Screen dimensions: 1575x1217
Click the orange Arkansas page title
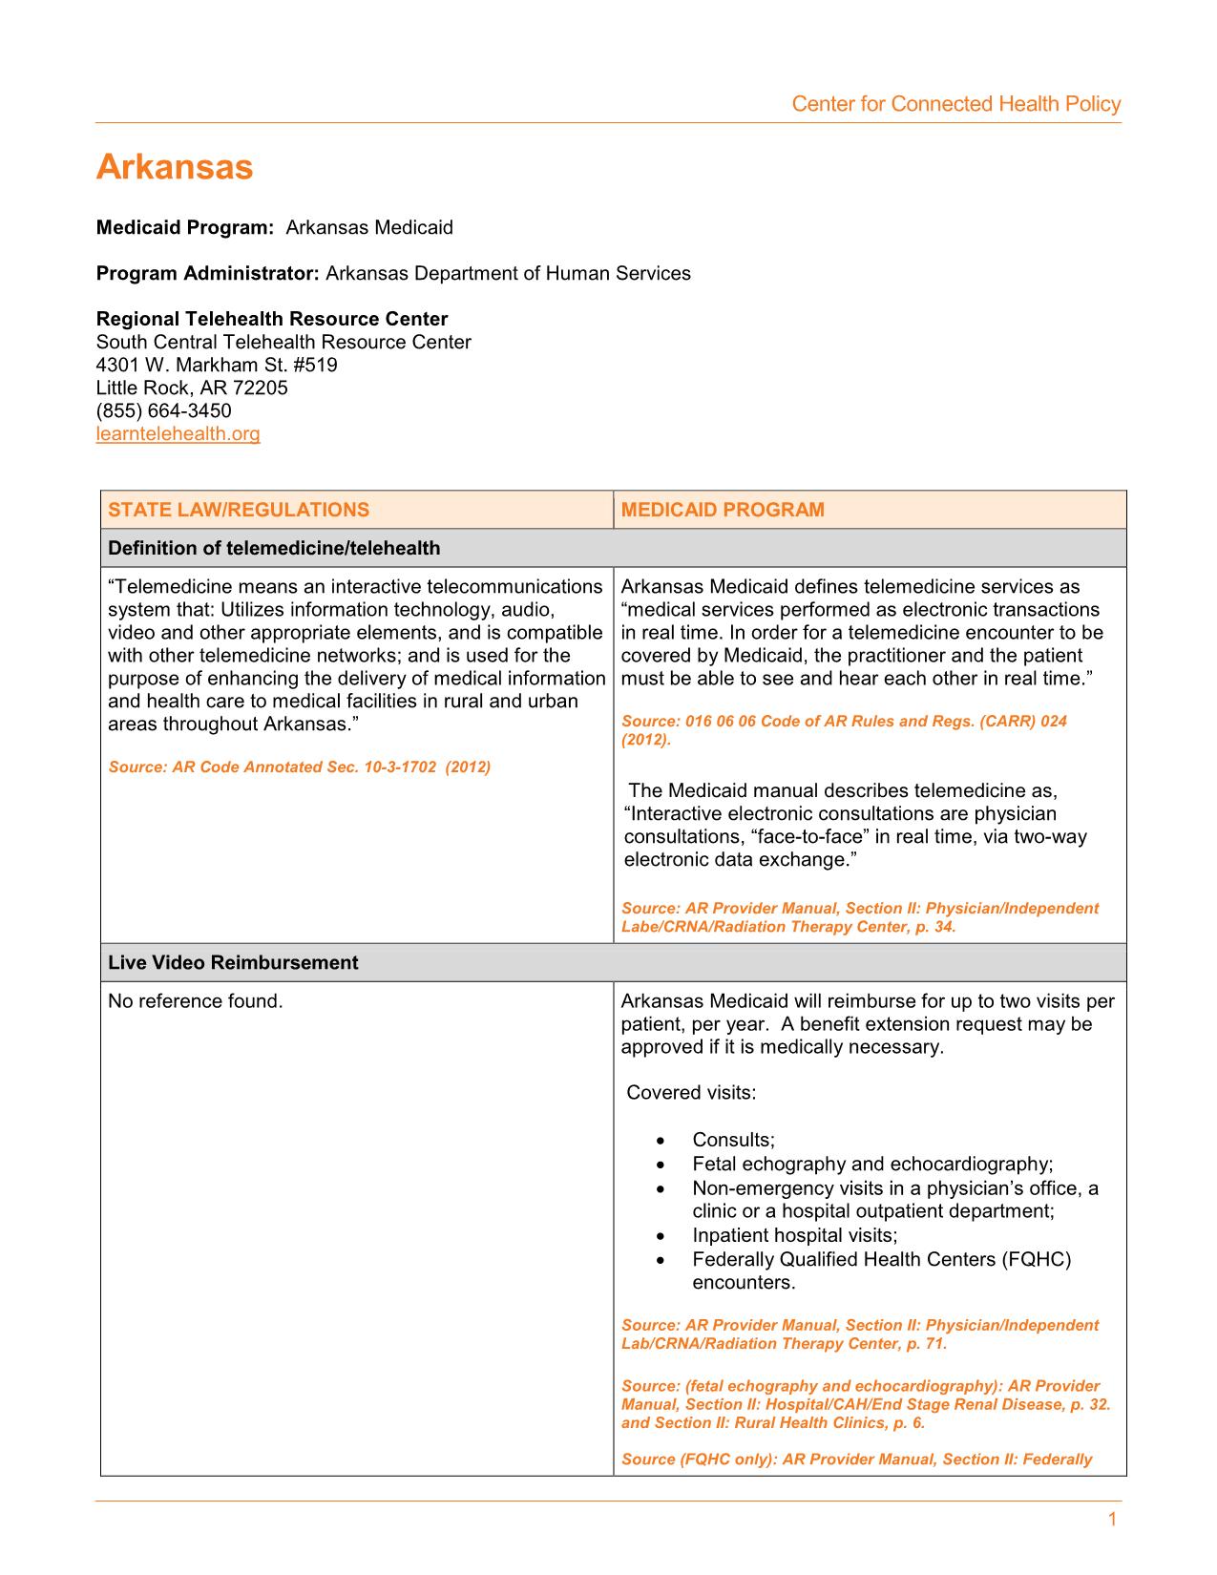(x=175, y=167)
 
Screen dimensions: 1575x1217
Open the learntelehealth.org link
(x=178, y=434)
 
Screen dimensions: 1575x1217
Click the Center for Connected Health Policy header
(x=955, y=104)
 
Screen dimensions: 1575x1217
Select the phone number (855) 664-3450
(x=163, y=411)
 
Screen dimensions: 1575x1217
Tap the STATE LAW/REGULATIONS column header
(x=238, y=510)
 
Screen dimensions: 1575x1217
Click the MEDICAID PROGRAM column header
(x=723, y=510)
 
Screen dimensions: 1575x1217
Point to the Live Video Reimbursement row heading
(x=233, y=962)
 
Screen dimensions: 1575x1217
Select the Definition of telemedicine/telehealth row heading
(x=274, y=548)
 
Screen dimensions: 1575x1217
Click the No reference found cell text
(x=196, y=1001)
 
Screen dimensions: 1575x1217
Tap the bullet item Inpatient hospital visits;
(x=794, y=1235)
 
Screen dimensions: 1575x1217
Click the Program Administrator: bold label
(x=207, y=274)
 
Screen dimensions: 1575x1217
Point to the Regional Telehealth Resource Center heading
(x=272, y=319)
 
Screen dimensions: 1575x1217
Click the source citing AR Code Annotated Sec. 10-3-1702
(x=299, y=767)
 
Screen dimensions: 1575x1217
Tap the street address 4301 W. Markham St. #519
(x=217, y=366)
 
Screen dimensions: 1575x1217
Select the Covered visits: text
(x=691, y=1093)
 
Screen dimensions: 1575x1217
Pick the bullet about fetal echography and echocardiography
(x=872, y=1164)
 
